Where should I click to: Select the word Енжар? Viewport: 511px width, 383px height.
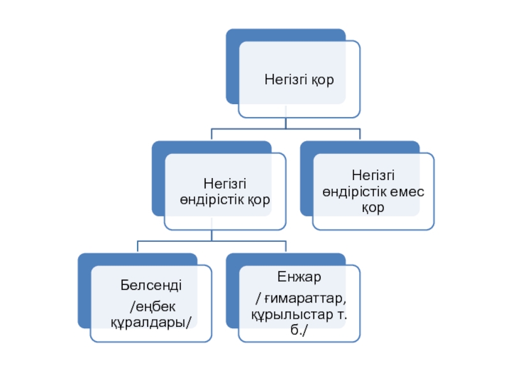[x=299, y=277]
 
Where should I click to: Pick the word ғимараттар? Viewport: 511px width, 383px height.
[x=305, y=299]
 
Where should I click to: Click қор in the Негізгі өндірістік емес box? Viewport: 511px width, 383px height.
[x=372, y=207]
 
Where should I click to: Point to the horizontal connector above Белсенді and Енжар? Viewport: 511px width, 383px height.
[x=211, y=241]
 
